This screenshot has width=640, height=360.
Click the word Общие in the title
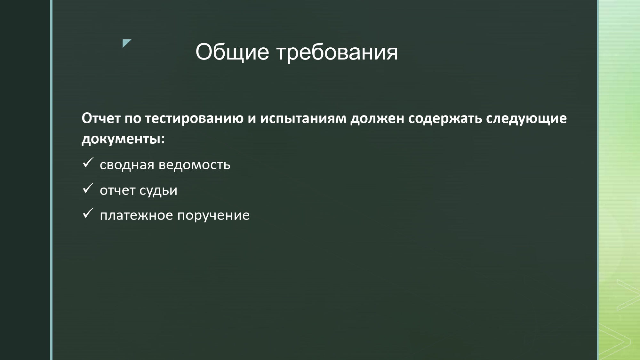point(232,52)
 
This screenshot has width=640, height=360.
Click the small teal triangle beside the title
point(126,43)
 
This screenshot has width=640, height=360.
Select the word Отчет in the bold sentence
point(101,118)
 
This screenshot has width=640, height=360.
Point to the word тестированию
point(194,119)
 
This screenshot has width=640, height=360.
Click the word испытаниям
point(303,119)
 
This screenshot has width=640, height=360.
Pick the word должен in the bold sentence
point(377,119)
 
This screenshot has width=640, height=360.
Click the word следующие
point(526,119)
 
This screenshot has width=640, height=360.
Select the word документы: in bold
point(123,139)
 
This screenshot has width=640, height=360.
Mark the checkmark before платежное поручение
point(88,213)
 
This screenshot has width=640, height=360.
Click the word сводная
point(127,165)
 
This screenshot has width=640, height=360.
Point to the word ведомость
point(195,165)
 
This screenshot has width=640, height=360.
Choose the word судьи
point(158,191)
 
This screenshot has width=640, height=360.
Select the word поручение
point(213,216)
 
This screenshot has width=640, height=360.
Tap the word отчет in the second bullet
point(117,191)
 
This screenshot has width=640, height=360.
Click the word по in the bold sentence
point(133,119)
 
